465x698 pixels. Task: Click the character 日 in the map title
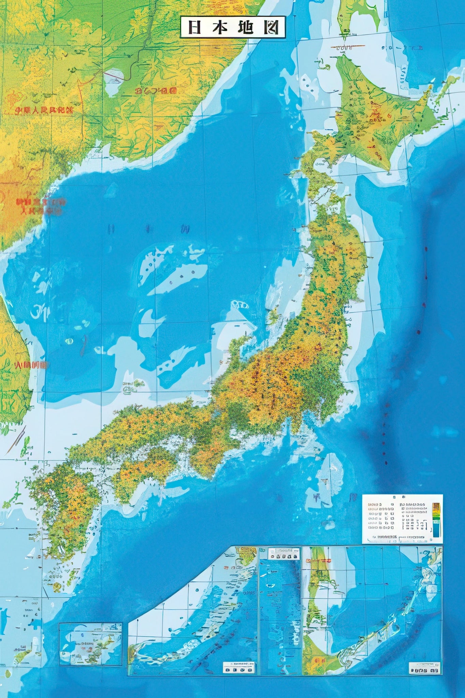194,27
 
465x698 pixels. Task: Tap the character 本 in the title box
219,27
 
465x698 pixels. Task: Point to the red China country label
44,110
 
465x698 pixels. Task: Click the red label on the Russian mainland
156,91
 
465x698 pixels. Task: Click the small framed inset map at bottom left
90,643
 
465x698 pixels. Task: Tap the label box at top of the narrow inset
284,553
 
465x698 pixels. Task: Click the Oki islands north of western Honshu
138,384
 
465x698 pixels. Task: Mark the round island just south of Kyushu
58,587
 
